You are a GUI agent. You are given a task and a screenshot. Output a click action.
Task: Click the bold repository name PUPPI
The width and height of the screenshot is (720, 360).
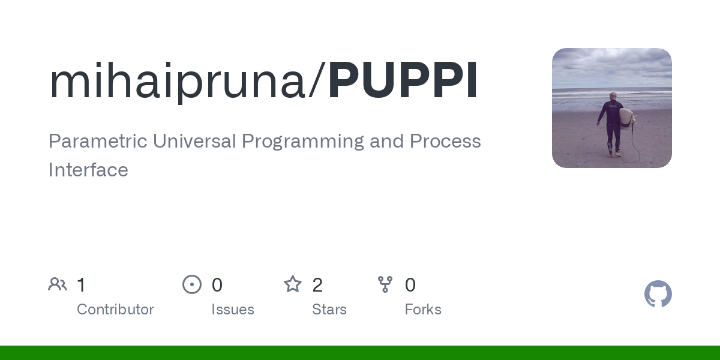(403, 80)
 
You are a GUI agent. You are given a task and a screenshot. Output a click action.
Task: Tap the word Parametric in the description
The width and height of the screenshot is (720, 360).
(98, 141)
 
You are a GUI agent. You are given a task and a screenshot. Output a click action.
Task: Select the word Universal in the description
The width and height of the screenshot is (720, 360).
(194, 141)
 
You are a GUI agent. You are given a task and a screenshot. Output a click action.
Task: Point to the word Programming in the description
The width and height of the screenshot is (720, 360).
(303, 142)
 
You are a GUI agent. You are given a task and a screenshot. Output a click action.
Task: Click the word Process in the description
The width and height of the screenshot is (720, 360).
(445, 141)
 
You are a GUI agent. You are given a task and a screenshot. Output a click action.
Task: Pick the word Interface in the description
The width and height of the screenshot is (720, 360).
(88, 169)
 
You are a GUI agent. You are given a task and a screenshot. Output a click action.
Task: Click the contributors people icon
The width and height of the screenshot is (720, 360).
(58, 284)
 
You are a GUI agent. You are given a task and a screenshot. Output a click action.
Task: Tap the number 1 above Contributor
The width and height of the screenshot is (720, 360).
(82, 285)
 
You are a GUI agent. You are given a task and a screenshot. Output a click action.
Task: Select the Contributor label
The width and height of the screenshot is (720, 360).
(115, 310)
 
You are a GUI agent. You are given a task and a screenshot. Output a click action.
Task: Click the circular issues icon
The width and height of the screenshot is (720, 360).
(192, 284)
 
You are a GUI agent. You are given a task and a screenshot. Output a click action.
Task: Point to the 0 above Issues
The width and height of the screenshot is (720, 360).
(217, 285)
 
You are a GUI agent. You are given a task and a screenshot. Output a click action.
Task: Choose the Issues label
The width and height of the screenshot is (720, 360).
(233, 310)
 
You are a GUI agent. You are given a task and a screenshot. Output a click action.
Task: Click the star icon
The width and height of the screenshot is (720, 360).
(293, 284)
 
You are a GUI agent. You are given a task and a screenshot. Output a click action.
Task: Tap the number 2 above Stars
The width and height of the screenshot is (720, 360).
(317, 285)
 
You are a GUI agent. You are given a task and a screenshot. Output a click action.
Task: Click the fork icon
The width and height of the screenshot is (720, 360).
(385, 284)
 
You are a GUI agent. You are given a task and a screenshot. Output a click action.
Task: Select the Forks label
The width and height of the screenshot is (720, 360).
(423, 310)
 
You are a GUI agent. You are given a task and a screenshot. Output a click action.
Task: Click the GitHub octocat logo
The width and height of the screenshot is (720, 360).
(658, 294)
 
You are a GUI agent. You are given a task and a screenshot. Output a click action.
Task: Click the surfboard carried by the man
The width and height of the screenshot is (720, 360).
(627, 118)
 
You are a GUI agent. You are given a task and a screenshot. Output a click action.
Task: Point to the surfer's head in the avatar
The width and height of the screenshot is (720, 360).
(613, 96)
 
